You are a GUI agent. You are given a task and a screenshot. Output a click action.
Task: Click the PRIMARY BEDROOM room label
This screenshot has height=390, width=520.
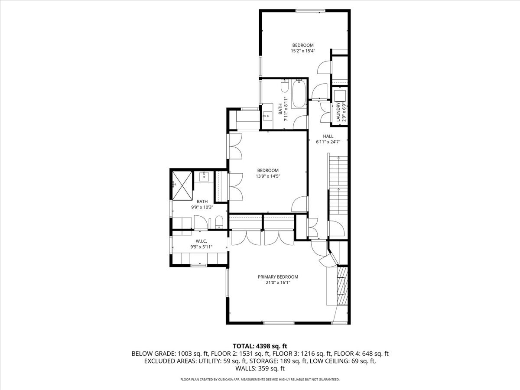278,277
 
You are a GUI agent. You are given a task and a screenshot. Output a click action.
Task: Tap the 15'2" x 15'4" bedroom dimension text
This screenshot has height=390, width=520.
302,51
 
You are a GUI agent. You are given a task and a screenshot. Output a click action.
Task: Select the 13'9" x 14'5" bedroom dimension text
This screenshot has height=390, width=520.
267,176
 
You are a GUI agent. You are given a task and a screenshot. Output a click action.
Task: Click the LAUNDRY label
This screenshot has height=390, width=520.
338,112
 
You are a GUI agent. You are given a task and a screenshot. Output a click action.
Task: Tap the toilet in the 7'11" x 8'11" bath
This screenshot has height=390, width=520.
284,87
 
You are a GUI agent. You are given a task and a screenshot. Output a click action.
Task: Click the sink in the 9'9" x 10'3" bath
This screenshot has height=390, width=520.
204,176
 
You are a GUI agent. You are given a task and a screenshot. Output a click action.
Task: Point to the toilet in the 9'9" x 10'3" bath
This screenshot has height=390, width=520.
219,222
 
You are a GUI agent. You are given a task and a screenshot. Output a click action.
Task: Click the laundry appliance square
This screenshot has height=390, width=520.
338,94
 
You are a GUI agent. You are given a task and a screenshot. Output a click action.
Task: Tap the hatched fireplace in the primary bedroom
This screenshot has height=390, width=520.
342,287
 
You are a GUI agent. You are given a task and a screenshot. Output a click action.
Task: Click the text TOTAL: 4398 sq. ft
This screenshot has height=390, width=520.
260,346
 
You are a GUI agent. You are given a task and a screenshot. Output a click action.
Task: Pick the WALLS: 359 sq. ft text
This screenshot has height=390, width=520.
260,369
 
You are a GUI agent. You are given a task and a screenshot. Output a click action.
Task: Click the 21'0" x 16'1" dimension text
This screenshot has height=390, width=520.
278,283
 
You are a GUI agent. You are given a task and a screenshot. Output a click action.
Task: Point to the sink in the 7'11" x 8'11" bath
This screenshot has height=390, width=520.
267,115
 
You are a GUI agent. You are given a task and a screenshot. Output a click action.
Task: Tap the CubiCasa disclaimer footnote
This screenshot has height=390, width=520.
260,380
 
